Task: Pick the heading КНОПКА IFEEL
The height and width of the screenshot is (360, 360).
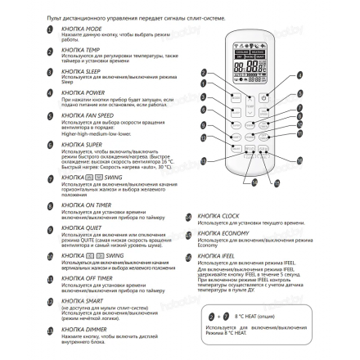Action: pyautogui.click(x=212, y=256)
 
